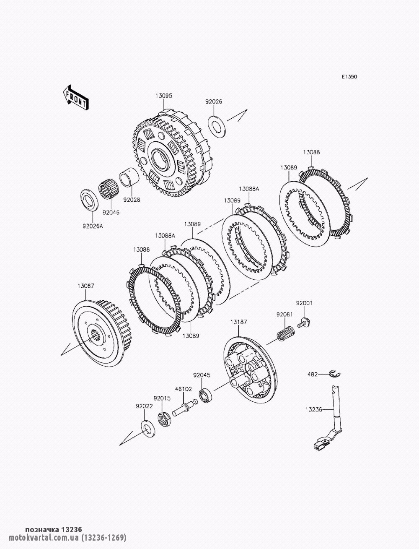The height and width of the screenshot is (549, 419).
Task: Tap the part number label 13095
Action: click(x=164, y=96)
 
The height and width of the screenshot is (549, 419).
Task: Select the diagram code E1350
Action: click(x=349, y=77)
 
